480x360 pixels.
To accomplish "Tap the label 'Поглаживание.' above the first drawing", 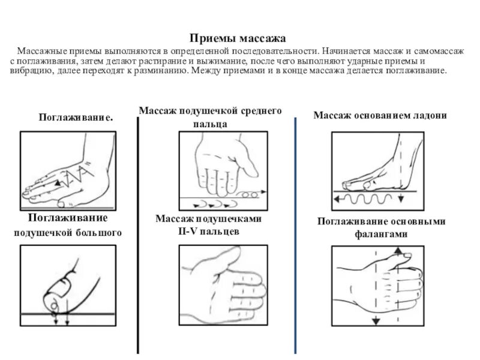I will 76,117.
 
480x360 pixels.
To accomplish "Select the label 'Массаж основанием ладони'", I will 380,115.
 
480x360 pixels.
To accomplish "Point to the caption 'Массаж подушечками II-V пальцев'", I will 208,225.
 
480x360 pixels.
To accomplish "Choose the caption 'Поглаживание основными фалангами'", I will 381,227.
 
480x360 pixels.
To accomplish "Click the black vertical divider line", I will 139,234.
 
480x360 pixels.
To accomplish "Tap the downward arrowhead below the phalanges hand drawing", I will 376,322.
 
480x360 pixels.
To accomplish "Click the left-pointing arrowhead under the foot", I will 337,197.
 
